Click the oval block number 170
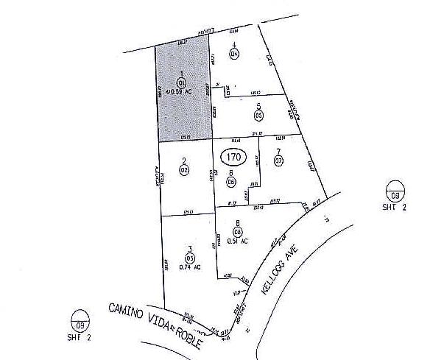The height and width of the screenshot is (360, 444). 234,157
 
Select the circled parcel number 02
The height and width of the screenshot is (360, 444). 184,169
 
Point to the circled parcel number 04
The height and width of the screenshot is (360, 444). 234,54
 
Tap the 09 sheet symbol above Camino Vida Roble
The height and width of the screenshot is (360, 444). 77,322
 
